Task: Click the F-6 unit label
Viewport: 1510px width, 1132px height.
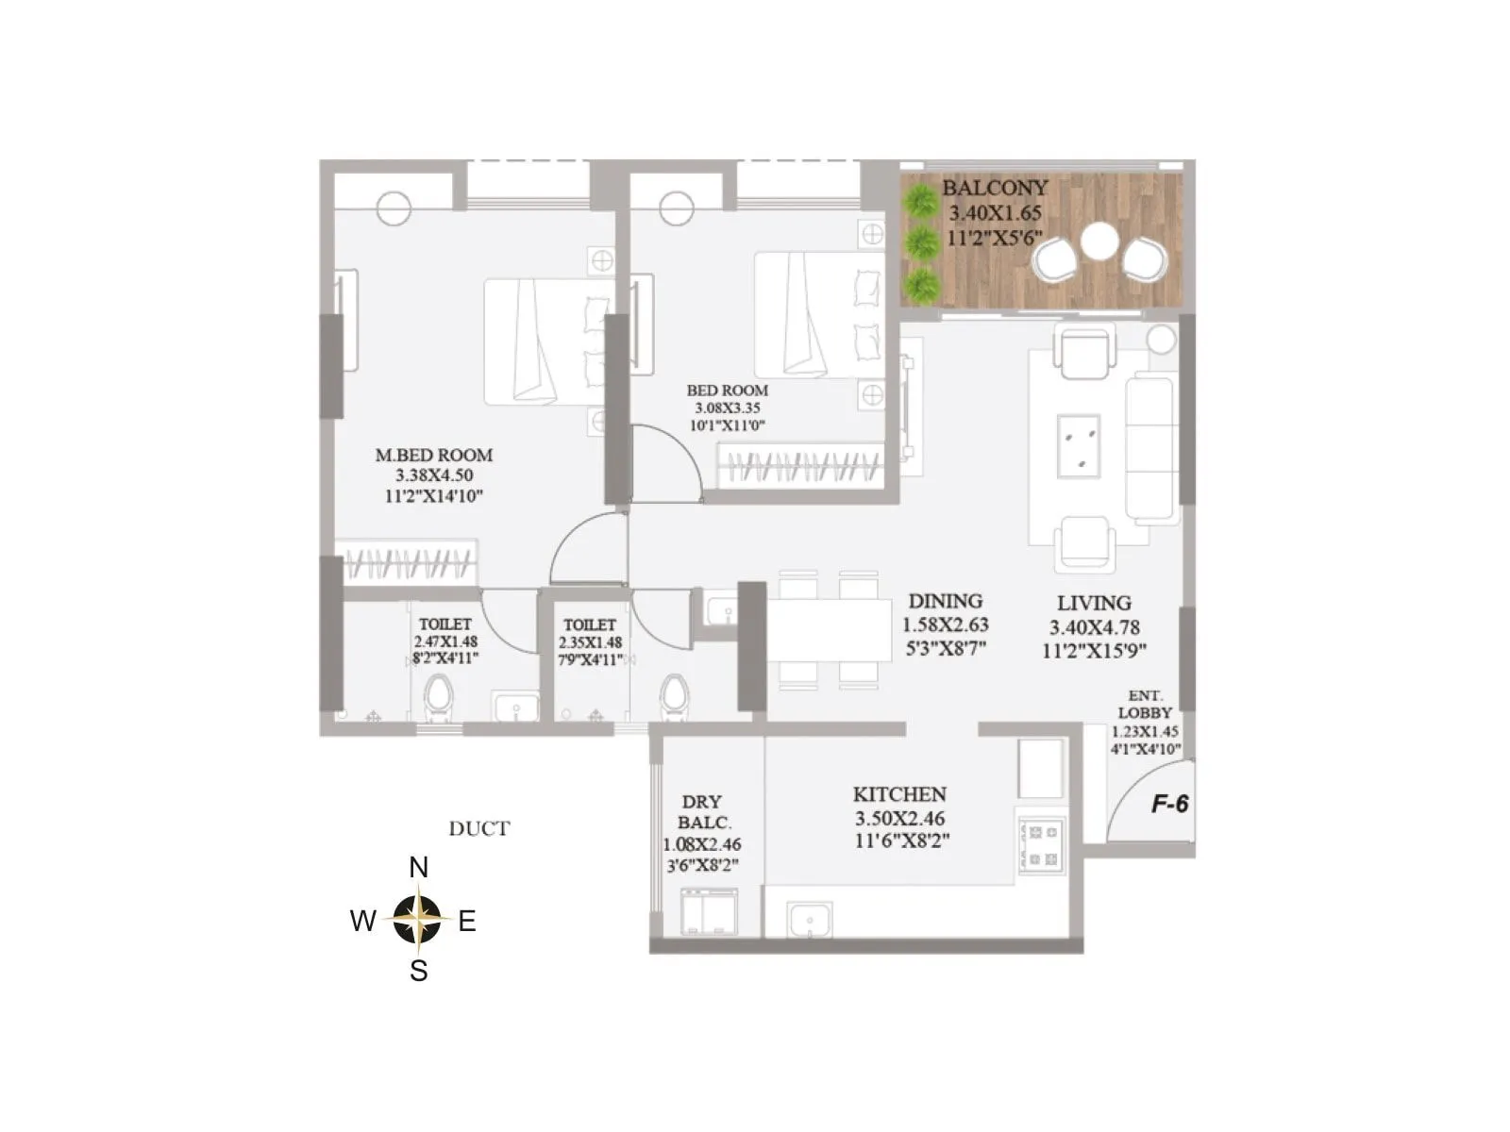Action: [1169, 805]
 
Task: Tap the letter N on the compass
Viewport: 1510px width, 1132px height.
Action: [418, 868]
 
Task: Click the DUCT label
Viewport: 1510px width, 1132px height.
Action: [479, 829]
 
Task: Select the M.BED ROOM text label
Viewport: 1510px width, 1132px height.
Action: [434, 455]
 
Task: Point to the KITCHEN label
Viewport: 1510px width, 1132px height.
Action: [899, 794]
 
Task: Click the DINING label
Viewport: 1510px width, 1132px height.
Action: [945, 601]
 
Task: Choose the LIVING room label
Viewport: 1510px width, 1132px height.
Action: [1094, 603]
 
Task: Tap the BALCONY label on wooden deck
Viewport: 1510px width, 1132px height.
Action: [995, 188]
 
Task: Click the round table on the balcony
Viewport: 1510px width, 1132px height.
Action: [1099, 241]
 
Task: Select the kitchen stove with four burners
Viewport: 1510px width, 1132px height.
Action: [1042, 845]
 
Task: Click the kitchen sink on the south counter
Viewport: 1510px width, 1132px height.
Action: [809, 919]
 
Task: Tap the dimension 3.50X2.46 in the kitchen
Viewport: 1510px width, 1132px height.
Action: [899, 819]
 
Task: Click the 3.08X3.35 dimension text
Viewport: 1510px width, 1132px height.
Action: [727, 408]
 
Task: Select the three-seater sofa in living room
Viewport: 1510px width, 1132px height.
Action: [1151, 449]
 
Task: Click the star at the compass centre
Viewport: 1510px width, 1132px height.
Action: [418, 919]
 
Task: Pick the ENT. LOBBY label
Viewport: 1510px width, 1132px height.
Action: [1145, 705]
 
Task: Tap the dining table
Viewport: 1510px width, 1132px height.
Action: [830, 629]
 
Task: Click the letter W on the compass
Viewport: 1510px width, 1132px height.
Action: [363, 922]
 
